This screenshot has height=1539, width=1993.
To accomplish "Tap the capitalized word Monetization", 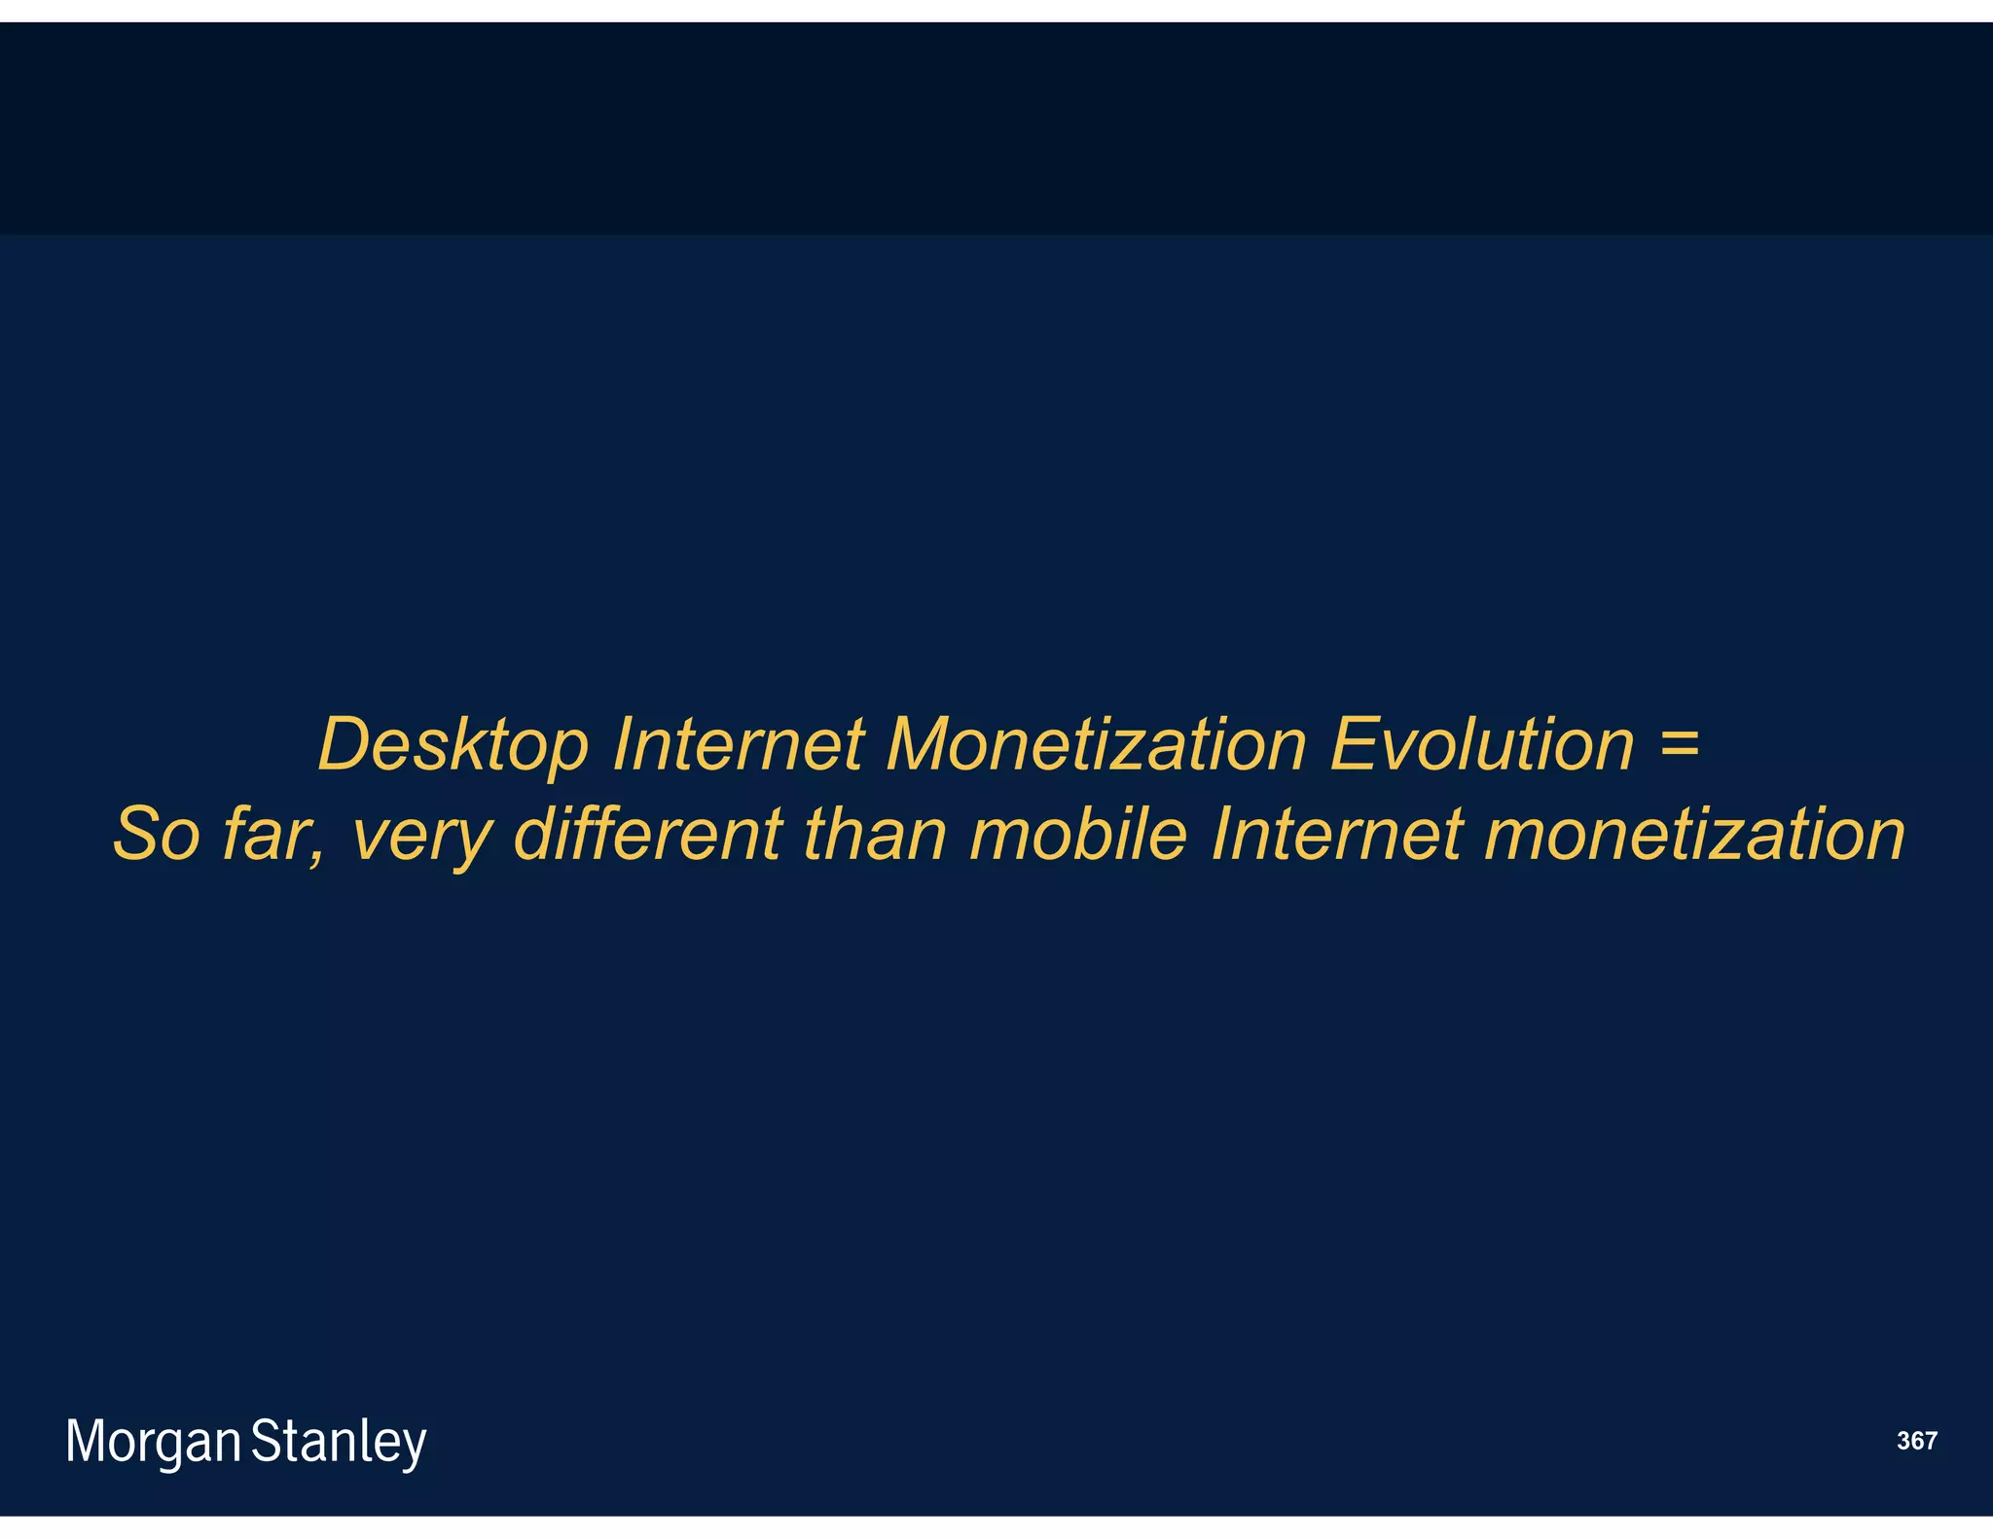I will (1096, 745).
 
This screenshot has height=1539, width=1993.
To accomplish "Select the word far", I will (272, 835).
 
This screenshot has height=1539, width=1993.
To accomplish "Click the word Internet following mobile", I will (1336, 835).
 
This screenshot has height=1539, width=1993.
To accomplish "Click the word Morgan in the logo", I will (153, 1442).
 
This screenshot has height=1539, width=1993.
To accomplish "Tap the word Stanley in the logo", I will (339, 1442).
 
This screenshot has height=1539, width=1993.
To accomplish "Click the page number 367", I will (1916, 1441).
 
